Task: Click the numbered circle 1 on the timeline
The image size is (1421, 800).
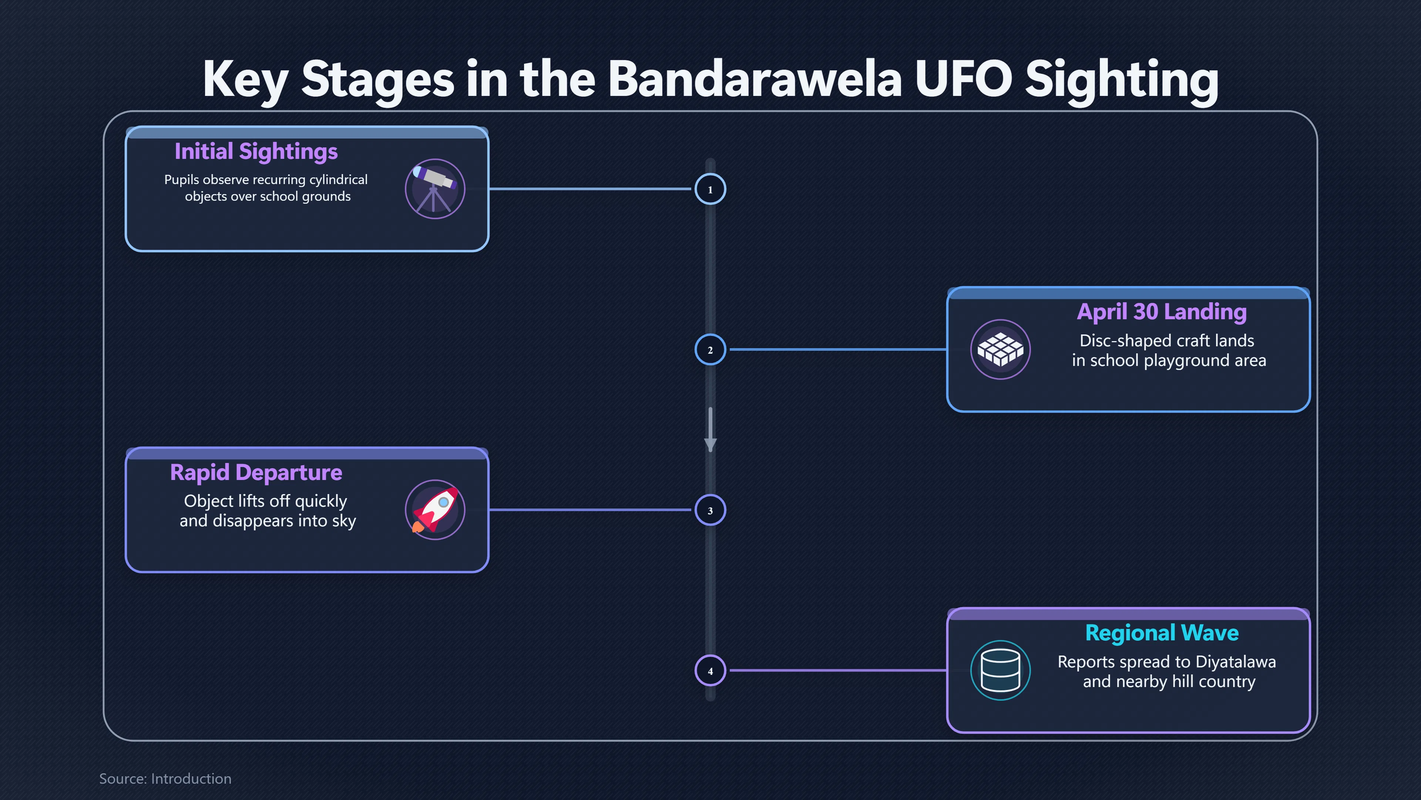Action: tap(710, 189)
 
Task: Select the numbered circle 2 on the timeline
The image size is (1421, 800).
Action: tap(710, 350)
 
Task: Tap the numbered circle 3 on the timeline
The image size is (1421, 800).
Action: tap(710, 510)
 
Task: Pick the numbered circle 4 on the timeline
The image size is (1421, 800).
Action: tap(710, 671)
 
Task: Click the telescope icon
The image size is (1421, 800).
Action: tap(435, 189)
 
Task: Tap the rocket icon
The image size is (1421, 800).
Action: tap(435, 510)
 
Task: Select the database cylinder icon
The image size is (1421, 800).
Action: tap(1000, 670)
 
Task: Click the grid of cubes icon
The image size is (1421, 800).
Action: tap(1000, 350)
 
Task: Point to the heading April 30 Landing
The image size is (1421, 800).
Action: tap(1162, 312)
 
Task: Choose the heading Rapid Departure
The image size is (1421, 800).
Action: tap(256, 473)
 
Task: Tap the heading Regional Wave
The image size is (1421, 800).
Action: tap(1162, 633)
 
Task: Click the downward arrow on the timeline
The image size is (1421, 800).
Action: tap(710, 430)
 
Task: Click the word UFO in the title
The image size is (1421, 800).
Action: tap(963, 80)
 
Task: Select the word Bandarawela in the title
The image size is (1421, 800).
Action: tap(755, 80)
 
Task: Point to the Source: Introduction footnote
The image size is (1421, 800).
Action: tap(165, 779)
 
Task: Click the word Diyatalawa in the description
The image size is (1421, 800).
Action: tap(1236, 661)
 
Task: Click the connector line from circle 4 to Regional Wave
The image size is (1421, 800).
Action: tap(838, 670)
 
